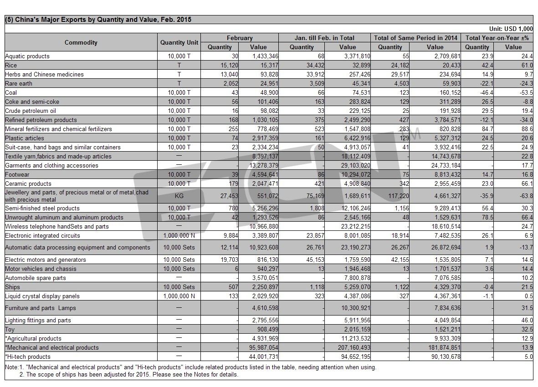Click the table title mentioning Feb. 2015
(x=98, y=20)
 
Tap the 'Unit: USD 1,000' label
(x=510, y=29)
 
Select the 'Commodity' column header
(x=81, y=42)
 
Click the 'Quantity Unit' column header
(x=179, y=42)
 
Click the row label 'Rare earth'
(x=19, y=83)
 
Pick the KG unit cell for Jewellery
(x=179, y=196)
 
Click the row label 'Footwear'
(x=18, y=174)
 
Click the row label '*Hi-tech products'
(x=28, y=356)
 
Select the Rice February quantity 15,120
(x=229, y=65)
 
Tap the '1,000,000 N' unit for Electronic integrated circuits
(x=179, y=235)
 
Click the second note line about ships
(x=128, y=375)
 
